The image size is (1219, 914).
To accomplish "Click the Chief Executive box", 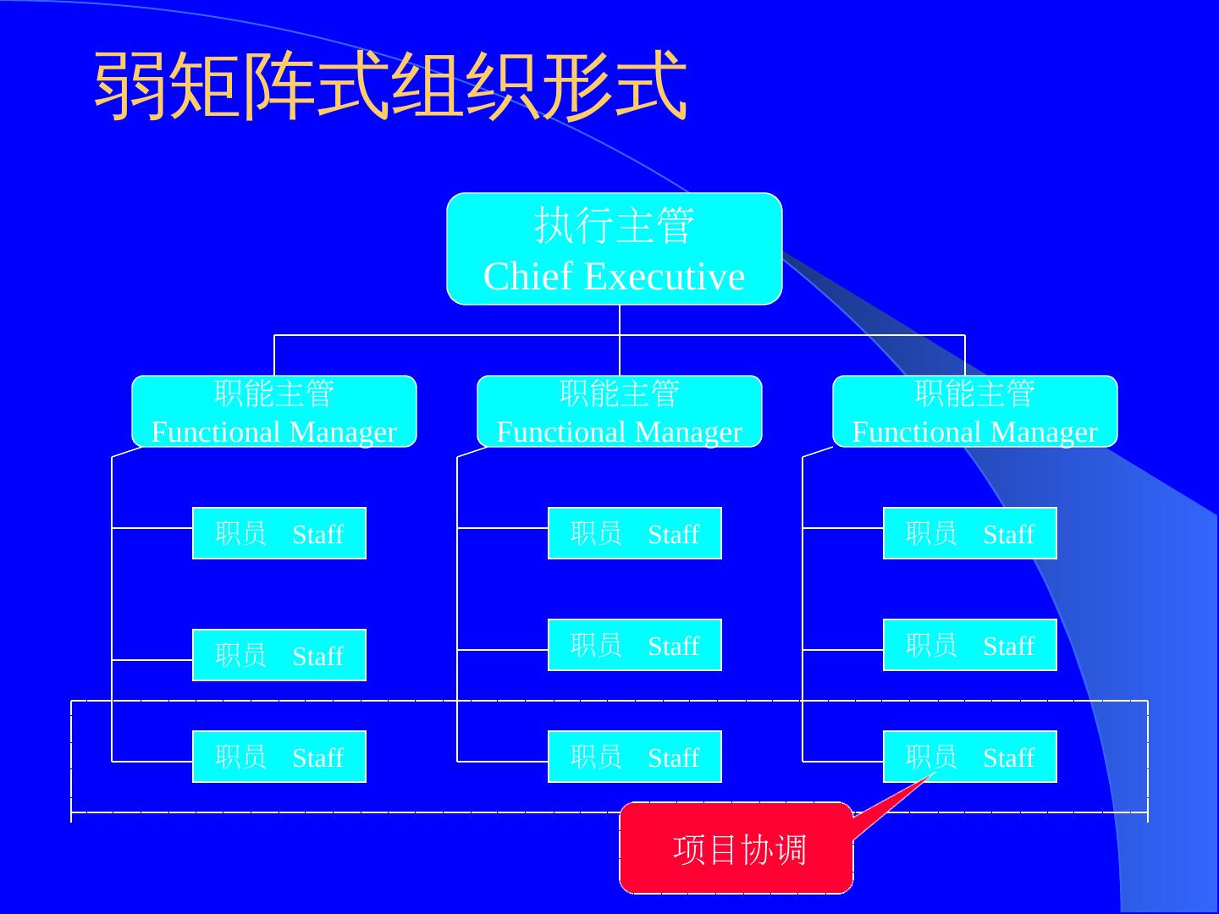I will click(614, 249).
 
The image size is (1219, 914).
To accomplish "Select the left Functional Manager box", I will click(274, 411).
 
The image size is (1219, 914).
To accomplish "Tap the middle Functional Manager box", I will click(620, 411).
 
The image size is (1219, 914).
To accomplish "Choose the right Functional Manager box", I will click(975, 411).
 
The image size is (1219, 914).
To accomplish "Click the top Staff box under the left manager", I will click(279, 533).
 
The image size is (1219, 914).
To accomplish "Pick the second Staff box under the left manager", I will click(279, 655).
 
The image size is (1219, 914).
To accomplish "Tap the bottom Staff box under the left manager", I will click(279, 757).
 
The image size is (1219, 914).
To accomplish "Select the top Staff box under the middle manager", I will click(635, 533).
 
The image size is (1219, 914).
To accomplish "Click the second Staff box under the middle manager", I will click(635, 645).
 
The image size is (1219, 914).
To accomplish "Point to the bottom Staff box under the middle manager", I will click(635, 757).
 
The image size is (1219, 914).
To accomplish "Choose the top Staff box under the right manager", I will click(970, 533).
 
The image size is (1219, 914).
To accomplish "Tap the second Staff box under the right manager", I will click(970, 645).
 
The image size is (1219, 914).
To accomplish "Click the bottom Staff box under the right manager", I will click(970, 757).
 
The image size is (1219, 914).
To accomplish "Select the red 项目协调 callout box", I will click(736, 848).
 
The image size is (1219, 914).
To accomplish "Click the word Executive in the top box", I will click(664, 277).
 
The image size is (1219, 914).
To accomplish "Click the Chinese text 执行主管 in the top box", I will click(614, 225).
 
